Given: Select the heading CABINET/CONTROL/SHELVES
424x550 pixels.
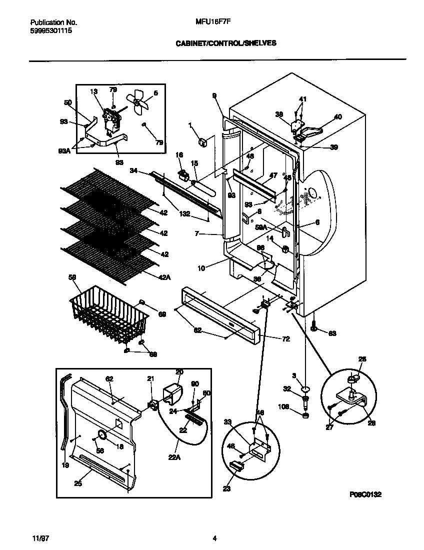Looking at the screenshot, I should click(226, 43).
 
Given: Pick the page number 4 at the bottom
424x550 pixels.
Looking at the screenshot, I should click(214, 538).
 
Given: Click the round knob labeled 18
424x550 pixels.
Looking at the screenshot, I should click(101, 435).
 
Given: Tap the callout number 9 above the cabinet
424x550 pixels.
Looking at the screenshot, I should click(214, 95).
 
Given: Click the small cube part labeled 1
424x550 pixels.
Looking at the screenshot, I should click(203, 142).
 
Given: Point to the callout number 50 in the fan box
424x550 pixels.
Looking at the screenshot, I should click(68, 102).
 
